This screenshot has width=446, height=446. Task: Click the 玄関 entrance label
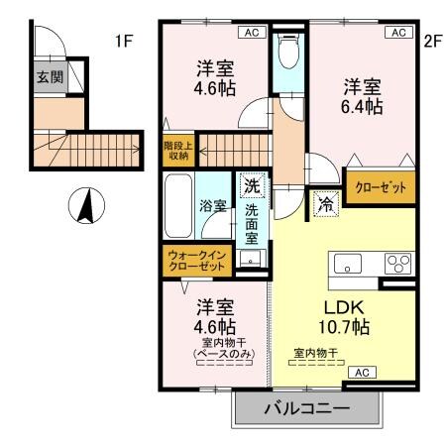tap(48, 76)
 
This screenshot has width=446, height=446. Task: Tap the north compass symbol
tap(85, 207)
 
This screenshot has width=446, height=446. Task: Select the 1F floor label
tap(123, 42)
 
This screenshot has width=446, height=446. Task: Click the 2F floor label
tap(431, 42)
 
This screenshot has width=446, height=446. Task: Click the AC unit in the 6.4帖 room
tap(398, 32)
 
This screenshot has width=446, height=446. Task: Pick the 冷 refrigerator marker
tap(325, 204)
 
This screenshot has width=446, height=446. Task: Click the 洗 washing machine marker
tap(252, 185)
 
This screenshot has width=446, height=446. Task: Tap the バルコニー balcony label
tap(305, 409)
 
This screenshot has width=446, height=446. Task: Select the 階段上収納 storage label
tap(177, 149)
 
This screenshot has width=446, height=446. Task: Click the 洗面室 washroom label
tap(252, 223)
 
